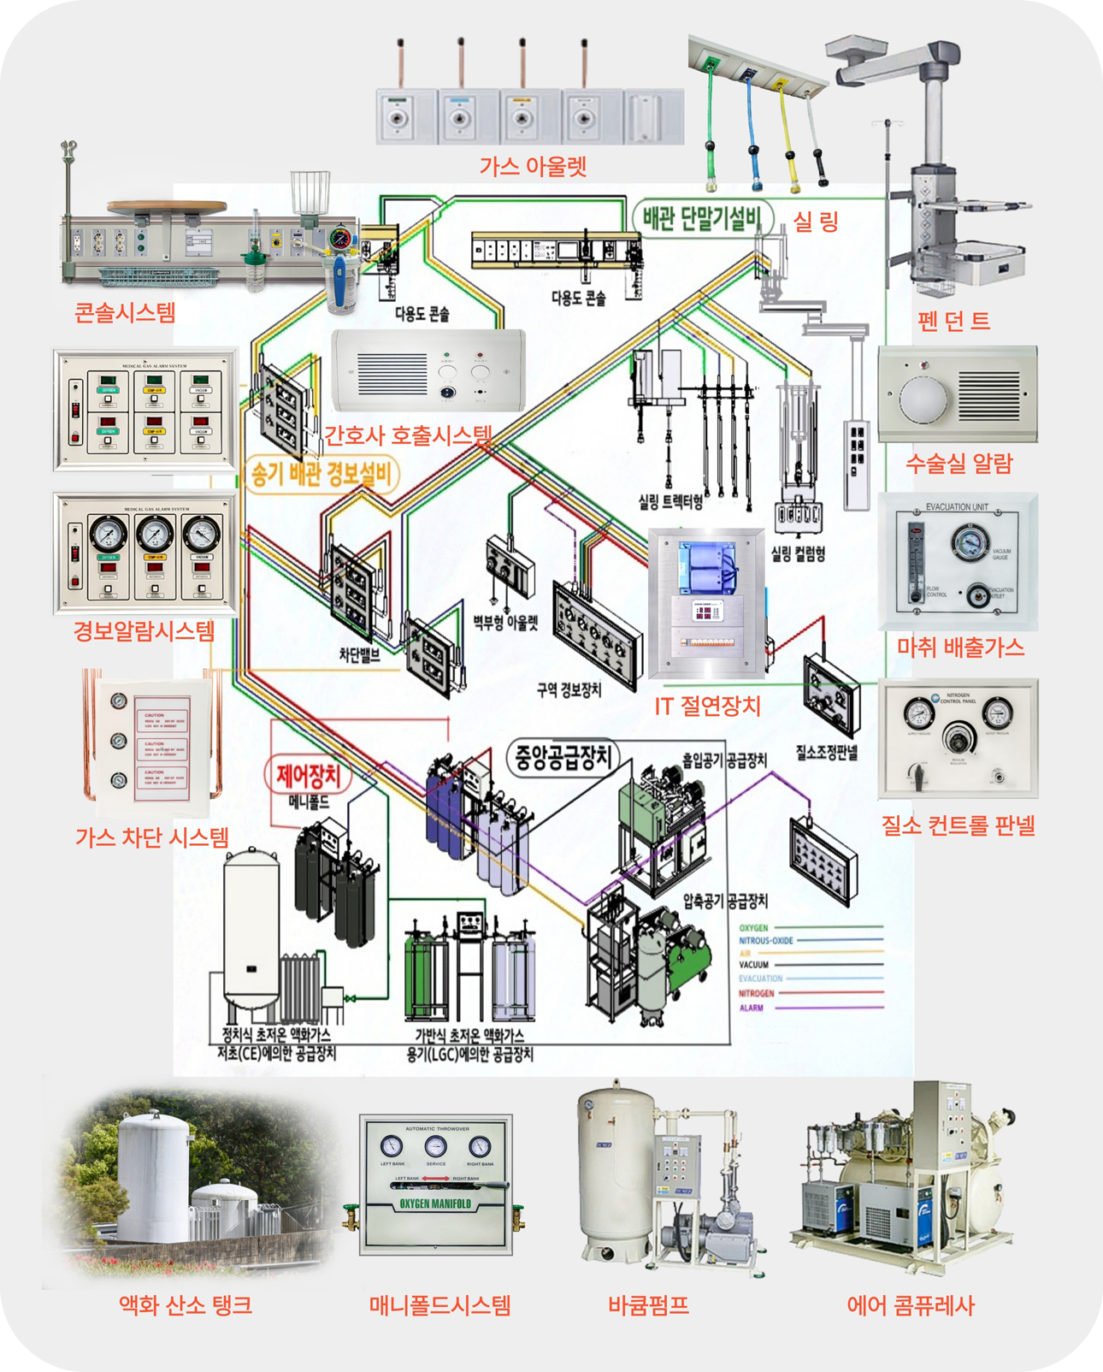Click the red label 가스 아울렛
point(532,166)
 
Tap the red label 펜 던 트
point(953,321)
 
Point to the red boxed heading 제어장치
point(308,775)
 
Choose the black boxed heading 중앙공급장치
point(563,756)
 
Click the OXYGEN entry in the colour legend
point(753,928)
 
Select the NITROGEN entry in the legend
point(756,994)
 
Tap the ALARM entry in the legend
point(751,1008)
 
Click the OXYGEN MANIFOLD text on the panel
point(435,1203)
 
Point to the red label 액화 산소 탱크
point(186,1305)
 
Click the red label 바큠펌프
point(648,1305)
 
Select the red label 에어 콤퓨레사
point(911,1305)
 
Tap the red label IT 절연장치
point(707,706)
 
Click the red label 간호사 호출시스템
point(408,435)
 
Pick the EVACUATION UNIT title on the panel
point(957,507)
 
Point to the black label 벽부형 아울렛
point(505,622)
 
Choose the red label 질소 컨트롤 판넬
point(958,825)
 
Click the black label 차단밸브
point(359,655)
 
